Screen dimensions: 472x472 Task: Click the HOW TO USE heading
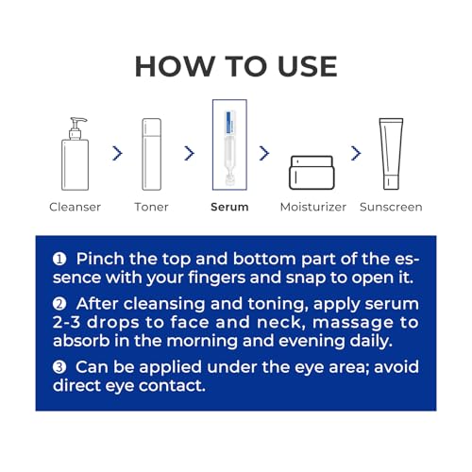[236, 66]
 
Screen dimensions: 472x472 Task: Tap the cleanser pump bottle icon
[75, 154]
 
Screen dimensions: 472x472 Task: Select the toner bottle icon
[152, 154]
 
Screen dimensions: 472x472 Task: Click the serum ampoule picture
[229, 144]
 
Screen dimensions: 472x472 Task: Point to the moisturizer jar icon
[312, 173]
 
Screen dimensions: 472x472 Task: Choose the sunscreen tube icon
[391, 154]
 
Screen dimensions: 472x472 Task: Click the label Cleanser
[75, 207]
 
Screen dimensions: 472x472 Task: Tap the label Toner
[151, 207]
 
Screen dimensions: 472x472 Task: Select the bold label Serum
[229, 207]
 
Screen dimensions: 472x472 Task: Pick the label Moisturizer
[313, 207]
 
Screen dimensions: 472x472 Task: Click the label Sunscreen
[391, 207]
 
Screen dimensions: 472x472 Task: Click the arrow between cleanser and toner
[118, 153]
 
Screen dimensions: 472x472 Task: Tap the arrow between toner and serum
[190, 153]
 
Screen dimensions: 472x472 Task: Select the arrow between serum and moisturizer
[264, 153]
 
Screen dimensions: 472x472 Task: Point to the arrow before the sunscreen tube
[356, 153]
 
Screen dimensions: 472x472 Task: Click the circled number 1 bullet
[59, 259]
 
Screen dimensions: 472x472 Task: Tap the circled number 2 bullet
[59, 304]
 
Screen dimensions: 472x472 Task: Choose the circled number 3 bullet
[59, 367]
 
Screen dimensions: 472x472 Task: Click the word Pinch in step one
[100, 259]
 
